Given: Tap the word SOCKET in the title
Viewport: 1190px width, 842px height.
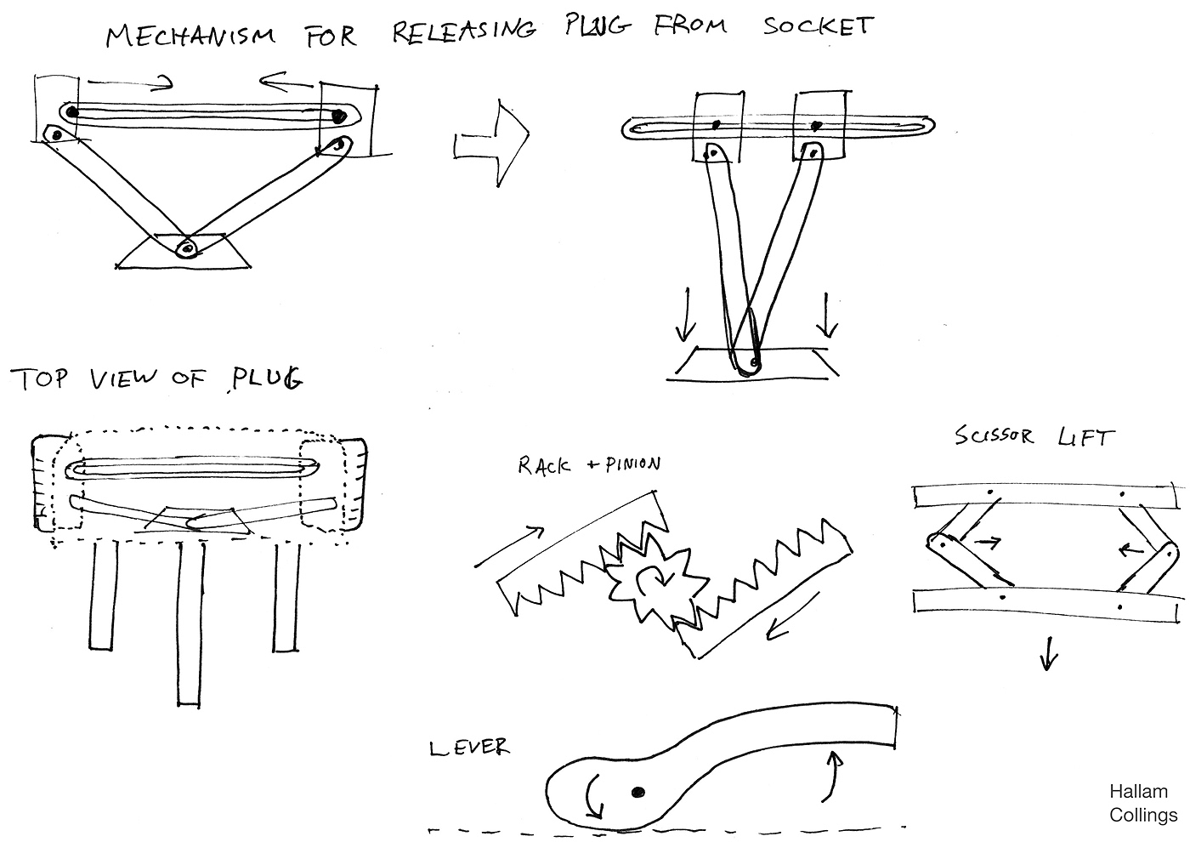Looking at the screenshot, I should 817,26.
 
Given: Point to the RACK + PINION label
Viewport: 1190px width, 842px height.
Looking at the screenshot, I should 588,465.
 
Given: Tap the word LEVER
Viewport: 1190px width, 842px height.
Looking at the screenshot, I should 469,748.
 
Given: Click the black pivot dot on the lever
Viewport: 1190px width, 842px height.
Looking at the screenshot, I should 637,793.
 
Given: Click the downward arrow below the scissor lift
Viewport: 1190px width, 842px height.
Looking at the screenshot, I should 1049,652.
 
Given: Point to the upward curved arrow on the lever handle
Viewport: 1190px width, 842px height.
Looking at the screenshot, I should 834,776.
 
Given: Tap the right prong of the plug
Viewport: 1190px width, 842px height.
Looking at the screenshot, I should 286,595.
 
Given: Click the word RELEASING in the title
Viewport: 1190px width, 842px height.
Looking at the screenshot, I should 464,30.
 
